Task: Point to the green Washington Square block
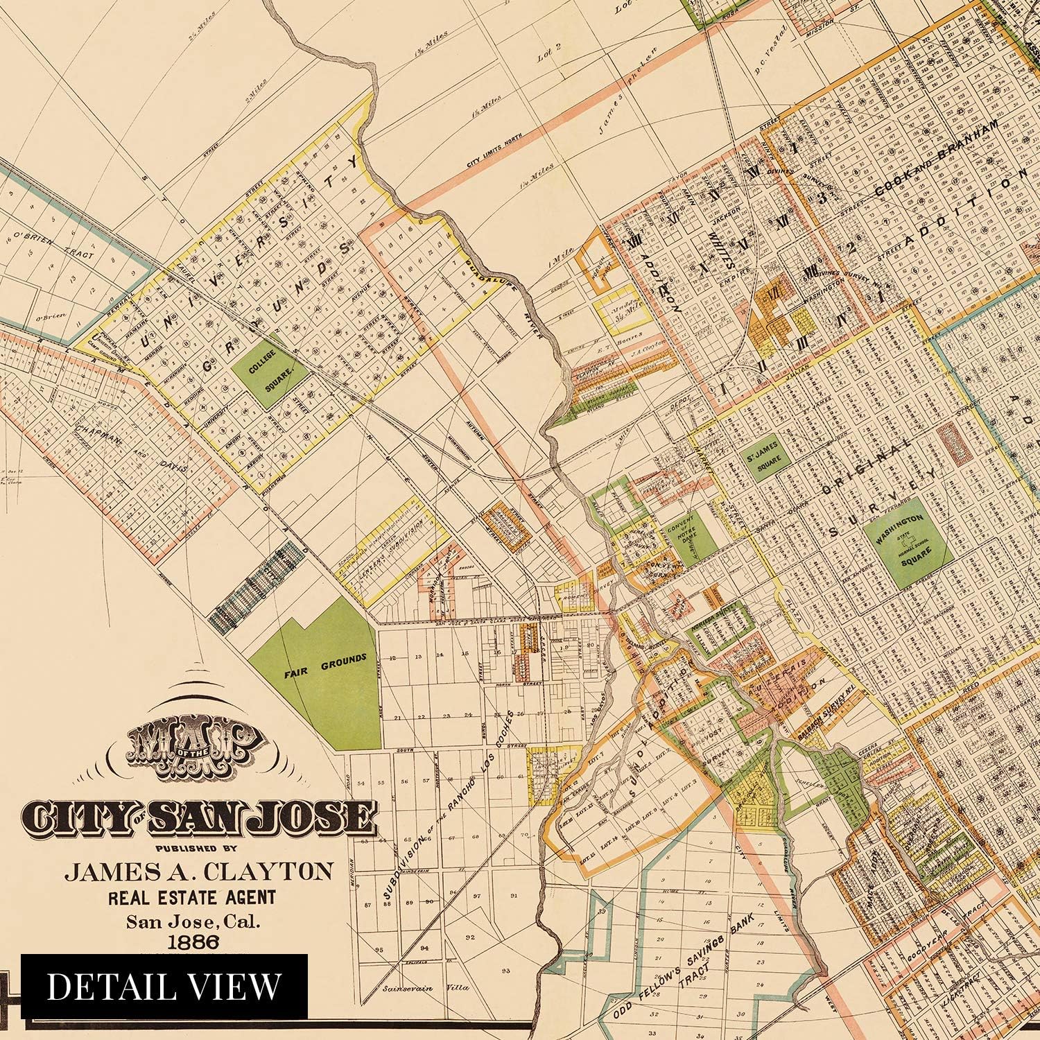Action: tap(908, 541)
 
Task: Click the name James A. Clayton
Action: tap(199, 871)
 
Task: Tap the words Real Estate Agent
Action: tap(191, 896)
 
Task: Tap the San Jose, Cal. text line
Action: tap(191, 921)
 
